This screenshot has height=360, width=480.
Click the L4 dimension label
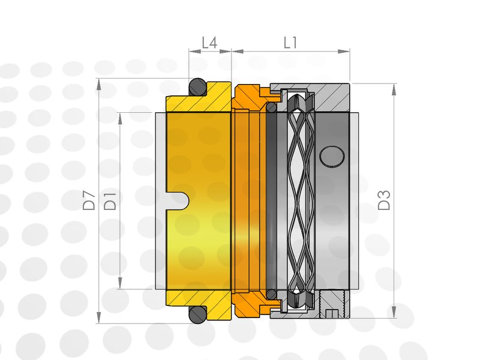[209, 43]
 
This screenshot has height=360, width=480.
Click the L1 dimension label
[290, 43]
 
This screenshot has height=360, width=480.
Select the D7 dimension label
[89, 200]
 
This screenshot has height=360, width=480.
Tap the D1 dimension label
[110, 201]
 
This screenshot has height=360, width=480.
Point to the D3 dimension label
[384, 200]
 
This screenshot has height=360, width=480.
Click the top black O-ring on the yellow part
[197, 87]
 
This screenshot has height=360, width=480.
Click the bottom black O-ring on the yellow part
[197, 314]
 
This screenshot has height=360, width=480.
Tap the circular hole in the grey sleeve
[332, 157]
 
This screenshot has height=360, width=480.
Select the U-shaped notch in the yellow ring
[178, 201]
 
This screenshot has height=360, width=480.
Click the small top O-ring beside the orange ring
[271, 107]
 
